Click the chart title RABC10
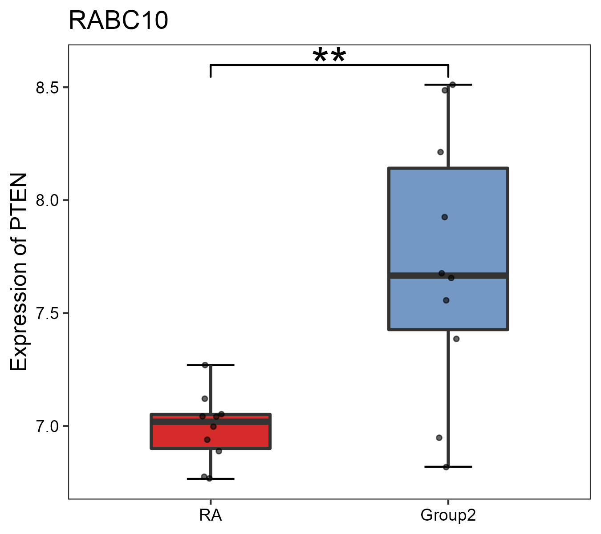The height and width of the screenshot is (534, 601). [x=118, y=21]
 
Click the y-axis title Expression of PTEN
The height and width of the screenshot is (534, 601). [x=19, y=272]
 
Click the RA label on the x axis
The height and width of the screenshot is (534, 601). [x=210, y=516]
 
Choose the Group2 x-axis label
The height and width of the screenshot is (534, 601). [x=448, y=516]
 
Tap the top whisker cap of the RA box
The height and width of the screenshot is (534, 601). [x=223, y=365]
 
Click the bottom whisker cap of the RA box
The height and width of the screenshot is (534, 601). [x=223, y=479]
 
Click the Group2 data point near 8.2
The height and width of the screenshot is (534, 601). [x=440, y=152]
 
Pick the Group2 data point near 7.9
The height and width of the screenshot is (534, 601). [x=444, y=217]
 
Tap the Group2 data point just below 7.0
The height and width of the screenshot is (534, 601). [x=439, y=438]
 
